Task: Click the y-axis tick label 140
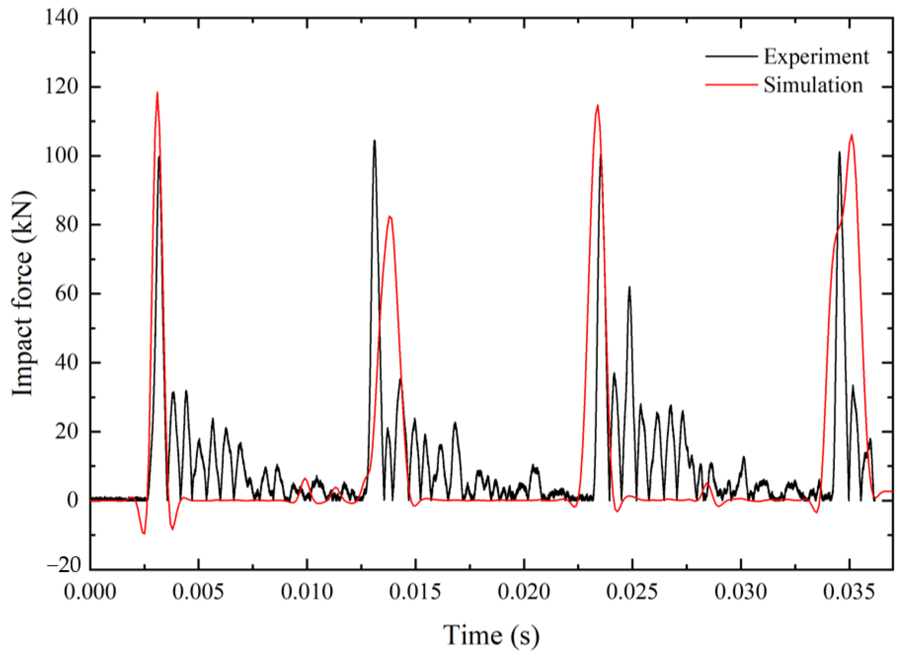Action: [62, 18]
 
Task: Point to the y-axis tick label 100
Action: [62, 156]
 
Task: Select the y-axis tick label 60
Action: [67, 294]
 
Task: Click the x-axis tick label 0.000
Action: [90, 592]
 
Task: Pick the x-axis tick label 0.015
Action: [415, 592]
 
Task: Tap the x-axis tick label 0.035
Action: [849, 592]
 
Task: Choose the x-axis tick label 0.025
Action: [632, 592]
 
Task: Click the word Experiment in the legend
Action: [816, 57]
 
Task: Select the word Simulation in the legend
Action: [813, 85]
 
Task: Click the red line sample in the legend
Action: [731, 85]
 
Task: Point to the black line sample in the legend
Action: [731, 56]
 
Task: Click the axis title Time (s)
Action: [491, 635]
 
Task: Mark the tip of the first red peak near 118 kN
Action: [157, 92]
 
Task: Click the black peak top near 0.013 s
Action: [375, 141]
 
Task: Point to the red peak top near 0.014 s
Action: [390, 216]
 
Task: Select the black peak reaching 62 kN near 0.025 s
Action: [629, 287]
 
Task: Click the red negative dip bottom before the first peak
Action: [144, 534]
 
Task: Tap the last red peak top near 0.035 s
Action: [851, 135]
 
